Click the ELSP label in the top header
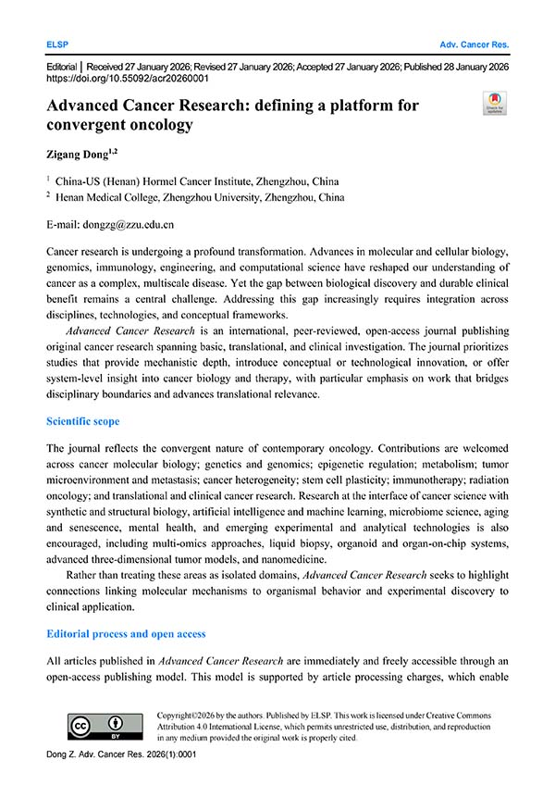coord(57,44)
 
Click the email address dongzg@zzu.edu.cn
coord(125,224)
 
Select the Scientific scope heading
coord(82,421)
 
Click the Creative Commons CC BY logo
coord(104,725)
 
